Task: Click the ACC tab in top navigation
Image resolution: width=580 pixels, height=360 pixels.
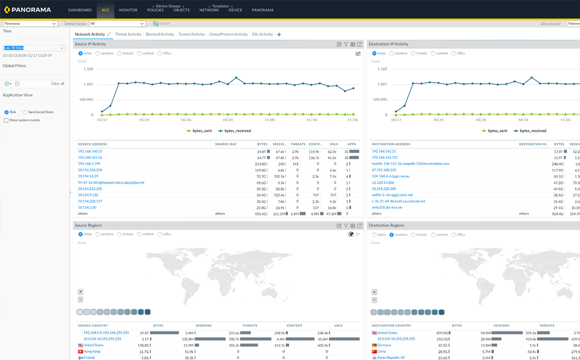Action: click(x=106, y=10)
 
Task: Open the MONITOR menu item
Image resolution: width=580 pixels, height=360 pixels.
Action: click(x=128, y=10)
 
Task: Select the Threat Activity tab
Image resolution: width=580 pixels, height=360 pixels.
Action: click(x=128, y=34)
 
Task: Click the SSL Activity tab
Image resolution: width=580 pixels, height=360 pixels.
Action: click(x=262, y=34)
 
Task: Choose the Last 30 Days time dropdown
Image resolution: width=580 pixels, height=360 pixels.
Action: click(x=34, y=48)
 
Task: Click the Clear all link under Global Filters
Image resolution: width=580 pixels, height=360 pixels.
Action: click(x=58, y=83)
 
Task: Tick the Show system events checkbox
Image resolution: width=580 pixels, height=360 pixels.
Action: click(x=6, y=120)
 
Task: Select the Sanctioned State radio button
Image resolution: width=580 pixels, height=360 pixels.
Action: click(x=25, y=112)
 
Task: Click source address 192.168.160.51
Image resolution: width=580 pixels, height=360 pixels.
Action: click(x=90, y=151)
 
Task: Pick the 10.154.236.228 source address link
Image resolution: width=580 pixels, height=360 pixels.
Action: click(x=90, y=170)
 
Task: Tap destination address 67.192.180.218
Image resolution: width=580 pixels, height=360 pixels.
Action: click(x=383, y=170)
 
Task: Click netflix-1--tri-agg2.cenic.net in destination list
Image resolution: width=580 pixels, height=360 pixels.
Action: click(x=392, y=195)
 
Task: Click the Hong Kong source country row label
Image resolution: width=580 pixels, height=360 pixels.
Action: click(x=92, y=351)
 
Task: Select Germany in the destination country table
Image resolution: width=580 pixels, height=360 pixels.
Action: click(x=384, y=345)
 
